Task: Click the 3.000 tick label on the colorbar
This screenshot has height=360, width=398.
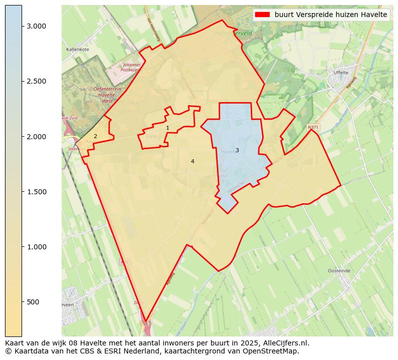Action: point(36,26)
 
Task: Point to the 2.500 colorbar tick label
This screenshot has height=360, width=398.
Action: point(36,81)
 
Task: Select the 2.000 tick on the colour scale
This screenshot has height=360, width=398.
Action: point(36,137)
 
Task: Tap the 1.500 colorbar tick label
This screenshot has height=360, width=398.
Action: point(36,192)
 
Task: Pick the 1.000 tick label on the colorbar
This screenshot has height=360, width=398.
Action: point(36,247)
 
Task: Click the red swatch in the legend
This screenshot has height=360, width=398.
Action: point(262,15)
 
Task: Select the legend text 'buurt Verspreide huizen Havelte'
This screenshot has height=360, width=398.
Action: point(331,15)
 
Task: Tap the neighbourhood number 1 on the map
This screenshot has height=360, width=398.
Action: point(167,128)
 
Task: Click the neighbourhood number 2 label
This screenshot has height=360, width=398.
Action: point(95,136)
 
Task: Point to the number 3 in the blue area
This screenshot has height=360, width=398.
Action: point(237,150)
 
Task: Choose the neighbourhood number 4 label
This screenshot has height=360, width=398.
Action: point(192,161)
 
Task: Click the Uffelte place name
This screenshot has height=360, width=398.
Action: point(341,73)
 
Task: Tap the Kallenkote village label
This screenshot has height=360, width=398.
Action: point(78,50)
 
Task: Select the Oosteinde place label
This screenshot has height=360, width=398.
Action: point(339,270)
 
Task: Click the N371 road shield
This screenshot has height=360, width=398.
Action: point(313,128)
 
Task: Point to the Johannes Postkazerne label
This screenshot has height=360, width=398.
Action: point(131,68)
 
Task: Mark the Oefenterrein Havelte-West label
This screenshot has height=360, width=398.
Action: point(107,95)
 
